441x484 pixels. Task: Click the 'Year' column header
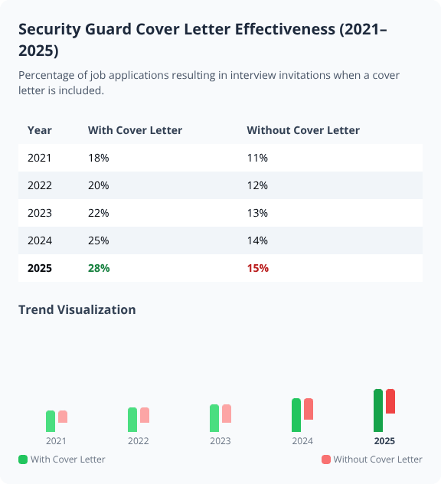(40, 130)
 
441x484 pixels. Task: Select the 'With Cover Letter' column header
(135, 130)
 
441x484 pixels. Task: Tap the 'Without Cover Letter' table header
(303, 130)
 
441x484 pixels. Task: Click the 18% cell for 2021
(99, 158)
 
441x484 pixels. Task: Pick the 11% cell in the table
(257, 158)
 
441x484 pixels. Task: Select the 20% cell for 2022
(99, 185)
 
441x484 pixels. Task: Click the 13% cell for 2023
(257, 213)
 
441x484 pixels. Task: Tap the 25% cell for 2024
(99, 240)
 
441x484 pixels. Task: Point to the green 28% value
(99, 268)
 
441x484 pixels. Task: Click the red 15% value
(257, 268)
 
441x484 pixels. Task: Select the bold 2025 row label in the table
(40, 268)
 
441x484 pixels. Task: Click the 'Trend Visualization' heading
(77, 309)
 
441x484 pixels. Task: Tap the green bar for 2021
(51, 421)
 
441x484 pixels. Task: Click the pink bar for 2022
(145, 415)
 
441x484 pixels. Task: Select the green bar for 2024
(296, 415)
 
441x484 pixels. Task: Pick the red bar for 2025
(390, 401)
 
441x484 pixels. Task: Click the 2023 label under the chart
(220, 441)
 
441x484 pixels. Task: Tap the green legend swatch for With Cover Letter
(23, 459)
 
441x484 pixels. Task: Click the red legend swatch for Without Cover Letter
(326, 459)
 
